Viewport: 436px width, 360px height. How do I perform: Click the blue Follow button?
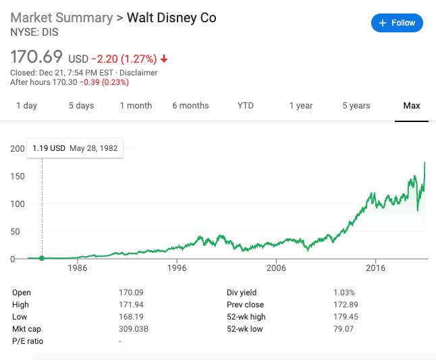coord(397,23)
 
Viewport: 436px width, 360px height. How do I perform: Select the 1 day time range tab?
coord(27,105)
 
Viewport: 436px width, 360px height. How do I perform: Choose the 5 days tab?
coord(81,105)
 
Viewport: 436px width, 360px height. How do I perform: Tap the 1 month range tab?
coord(136,105)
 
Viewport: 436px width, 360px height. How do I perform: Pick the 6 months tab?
coord(190,105)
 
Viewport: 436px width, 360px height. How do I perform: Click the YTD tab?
coord(246,105)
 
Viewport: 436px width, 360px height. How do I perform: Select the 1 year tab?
coord(301,105)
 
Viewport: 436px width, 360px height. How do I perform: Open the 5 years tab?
coord(356,105)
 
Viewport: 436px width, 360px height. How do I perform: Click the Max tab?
coord(412,105)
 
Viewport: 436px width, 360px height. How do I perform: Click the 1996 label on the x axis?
coord(177,268)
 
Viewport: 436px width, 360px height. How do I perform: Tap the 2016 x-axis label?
coord(375,268)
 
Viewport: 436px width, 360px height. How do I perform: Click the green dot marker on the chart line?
coord(42,258)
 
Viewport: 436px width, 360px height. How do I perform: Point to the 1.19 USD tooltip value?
coord(49,148)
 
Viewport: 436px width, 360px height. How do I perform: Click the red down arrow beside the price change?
coord(164,59)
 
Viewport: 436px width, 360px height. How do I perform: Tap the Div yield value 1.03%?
coord(344,293)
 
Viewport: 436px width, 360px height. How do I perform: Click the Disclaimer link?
coord(139,72)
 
